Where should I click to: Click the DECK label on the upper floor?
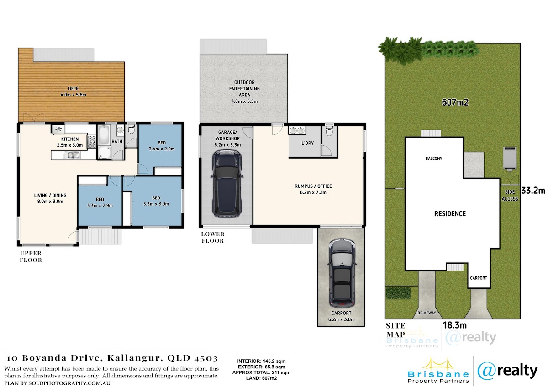74,89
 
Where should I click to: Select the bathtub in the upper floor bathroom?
104,135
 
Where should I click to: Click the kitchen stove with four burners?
91,142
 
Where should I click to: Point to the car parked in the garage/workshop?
227,183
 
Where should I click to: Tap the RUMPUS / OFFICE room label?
313,186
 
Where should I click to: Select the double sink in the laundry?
297,130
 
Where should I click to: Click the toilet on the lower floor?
329,131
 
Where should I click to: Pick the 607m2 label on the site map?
455,102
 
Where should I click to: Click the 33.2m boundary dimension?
533,191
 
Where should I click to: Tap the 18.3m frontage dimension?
455,325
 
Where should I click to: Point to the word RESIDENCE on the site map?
450,214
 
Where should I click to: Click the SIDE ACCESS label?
510,195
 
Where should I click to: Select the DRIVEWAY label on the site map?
427,313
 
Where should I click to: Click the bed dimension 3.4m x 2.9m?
162,149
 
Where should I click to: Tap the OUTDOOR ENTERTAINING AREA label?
244,89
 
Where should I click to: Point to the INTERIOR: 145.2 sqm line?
261,361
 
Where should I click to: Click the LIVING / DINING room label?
50,195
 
